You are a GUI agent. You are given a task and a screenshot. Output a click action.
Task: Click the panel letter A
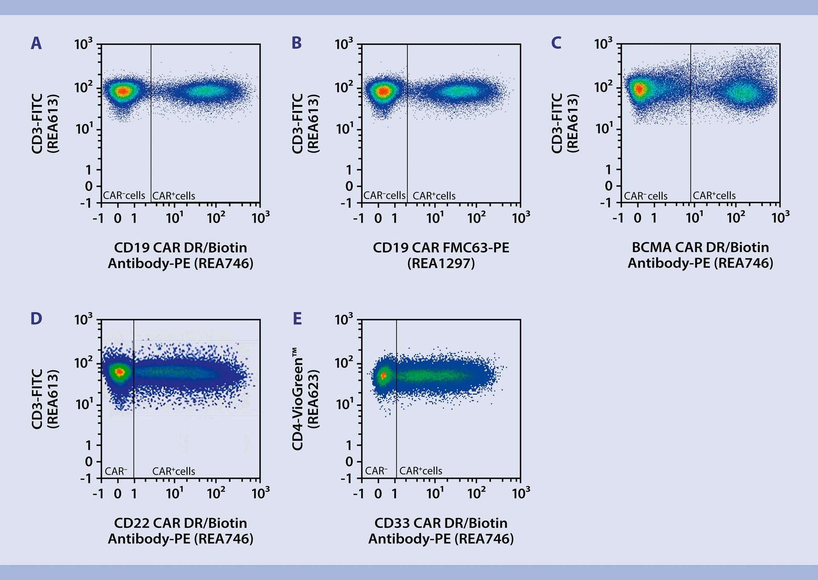(x=36, y=43)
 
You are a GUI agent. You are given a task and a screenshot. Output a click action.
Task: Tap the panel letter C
(x=556, y=43)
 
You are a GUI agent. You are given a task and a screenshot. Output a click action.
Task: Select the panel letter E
(x=297, y=319)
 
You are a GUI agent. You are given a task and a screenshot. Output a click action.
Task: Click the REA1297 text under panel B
(x=441, y=264)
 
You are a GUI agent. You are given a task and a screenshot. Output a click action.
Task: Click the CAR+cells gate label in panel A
(x=174, y=196)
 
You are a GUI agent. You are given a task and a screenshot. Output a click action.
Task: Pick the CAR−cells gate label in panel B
(x=384, y=195)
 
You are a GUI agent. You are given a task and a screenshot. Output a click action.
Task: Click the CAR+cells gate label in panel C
(x=714, y=195)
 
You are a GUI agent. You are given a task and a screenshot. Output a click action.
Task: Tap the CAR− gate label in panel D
(x=116, y=471)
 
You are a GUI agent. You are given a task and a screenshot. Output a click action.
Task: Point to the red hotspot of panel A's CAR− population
(x=123, y=91)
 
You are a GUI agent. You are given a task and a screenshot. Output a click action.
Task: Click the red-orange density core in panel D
(x=120, y=372)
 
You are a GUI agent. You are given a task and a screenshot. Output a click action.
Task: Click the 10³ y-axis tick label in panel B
(x=343, y=44)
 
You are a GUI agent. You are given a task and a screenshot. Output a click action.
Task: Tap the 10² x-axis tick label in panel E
(x=476, y=493)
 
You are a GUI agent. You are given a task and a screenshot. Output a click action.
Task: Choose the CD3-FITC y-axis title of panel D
(x=37, y=399)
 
